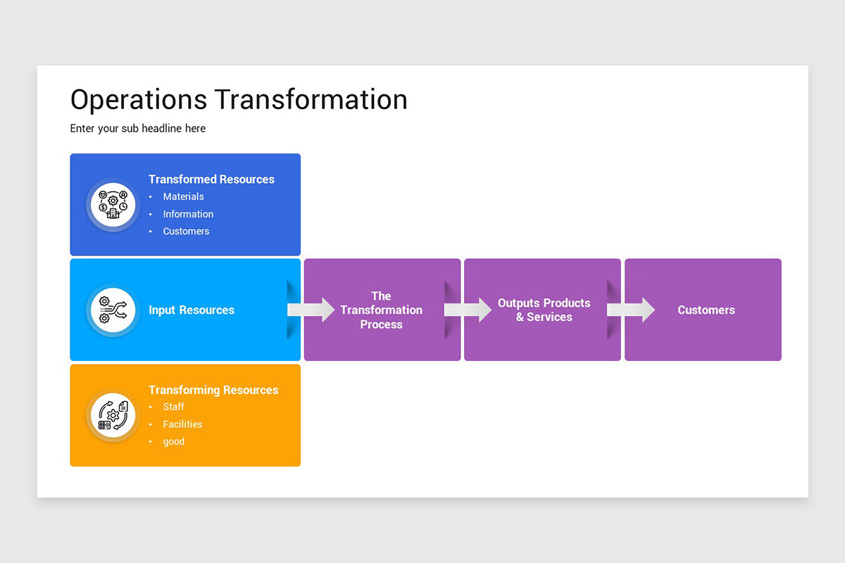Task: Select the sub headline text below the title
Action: [138, 128]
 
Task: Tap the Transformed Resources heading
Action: [211, 179]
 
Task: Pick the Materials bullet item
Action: [183, 197]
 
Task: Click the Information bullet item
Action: [188, 214]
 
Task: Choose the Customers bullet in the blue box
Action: [186, 232]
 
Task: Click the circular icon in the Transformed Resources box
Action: [113, 205]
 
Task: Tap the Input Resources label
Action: [192, 310]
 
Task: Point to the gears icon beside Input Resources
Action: [113, 310]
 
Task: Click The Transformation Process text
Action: [381, 310]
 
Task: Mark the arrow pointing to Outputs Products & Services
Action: [468, 310]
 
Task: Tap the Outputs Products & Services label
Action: [544, 310]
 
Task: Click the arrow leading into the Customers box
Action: [631, 310]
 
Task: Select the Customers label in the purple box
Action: [706, 310]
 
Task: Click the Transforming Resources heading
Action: [213, 390]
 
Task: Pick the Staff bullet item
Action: [173, 407]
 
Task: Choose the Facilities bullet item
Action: [182, 424]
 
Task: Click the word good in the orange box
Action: [173, 442]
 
